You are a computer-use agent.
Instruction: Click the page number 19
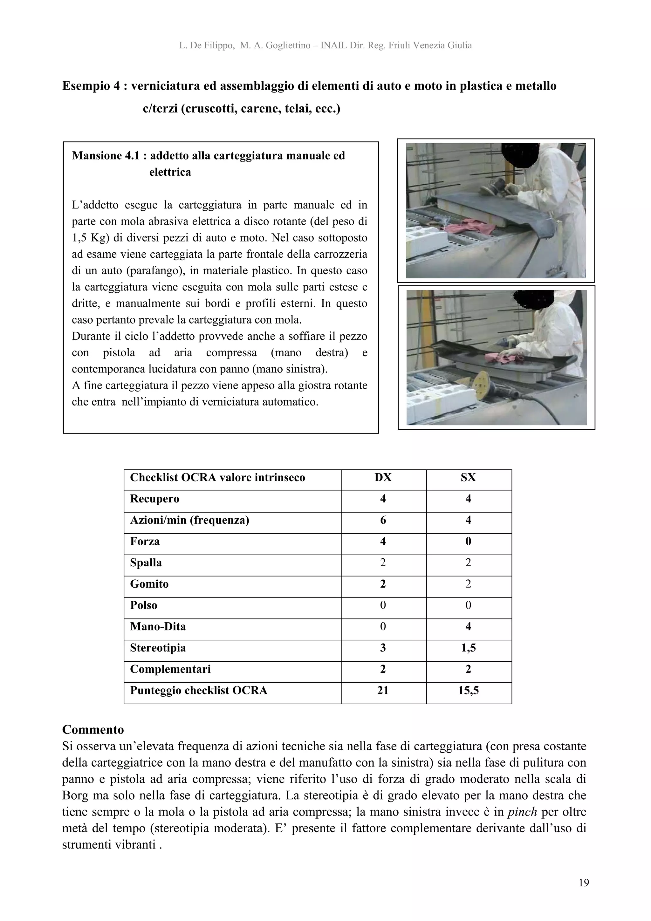coord(584,883)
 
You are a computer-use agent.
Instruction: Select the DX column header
coord(383,477)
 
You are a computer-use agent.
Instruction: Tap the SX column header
coord(468,477)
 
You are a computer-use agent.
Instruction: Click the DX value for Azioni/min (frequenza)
coord(383,520)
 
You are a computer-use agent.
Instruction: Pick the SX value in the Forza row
coord(468,542)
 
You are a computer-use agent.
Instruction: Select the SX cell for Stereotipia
coord(468,648)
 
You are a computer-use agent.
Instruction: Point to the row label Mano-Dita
coord(158,627)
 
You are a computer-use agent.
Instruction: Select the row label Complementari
coord(170,669)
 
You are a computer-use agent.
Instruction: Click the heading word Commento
coord(93,729)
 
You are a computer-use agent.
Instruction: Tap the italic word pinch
coord(522,812)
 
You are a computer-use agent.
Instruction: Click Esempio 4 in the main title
coord(91,86)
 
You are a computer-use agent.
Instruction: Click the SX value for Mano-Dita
coord(468,627)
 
